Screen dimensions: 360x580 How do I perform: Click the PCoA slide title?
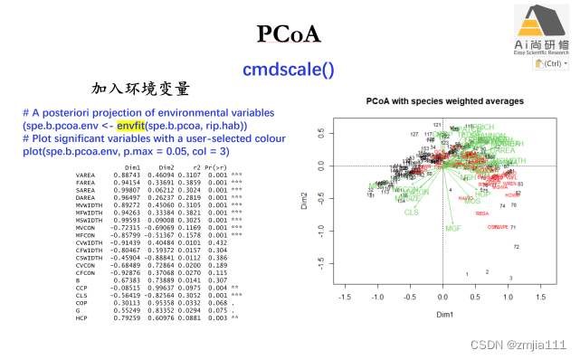coord(289,34)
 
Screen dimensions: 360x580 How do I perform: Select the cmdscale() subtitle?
coord(288,69)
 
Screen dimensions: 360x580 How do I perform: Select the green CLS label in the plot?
coord(412,212)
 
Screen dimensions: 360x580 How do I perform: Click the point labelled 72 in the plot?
coord(516,247)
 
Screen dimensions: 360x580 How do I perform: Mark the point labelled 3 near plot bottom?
coord(510,279)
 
